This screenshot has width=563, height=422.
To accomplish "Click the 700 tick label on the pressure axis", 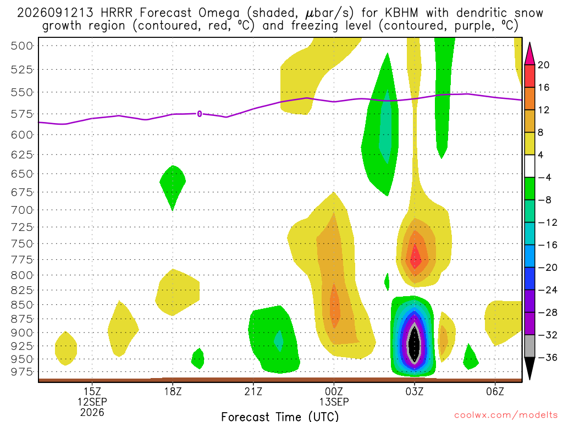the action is (x=22, y=209).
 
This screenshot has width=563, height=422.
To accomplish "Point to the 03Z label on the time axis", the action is (x=415, y=391).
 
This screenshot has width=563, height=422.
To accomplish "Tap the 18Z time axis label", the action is (x=173, y=391).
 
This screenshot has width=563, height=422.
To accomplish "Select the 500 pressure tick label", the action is (x=22, y=46).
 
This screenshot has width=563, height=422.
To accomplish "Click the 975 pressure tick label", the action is (x=22, y=372).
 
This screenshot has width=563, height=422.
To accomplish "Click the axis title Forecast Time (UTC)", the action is (x=280, y=417).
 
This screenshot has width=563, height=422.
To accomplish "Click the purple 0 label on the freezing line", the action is (x=200, y=114).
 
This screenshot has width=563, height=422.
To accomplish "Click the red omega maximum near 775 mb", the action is (x=416, y=257).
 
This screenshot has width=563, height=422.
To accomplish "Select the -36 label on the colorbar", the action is (x=547, y=357).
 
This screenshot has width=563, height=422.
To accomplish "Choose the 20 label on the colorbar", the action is (x=543, y=65).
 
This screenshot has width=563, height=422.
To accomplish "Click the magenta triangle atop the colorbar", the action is (x=529, y=54).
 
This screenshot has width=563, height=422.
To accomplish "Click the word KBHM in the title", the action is (x=401, y=13).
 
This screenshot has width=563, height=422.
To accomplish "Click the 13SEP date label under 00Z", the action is (x=334, y=402).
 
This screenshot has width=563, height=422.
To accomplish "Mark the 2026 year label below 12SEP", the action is (x=92, y=412).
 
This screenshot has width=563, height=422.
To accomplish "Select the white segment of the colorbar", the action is (x=529, y=166).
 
